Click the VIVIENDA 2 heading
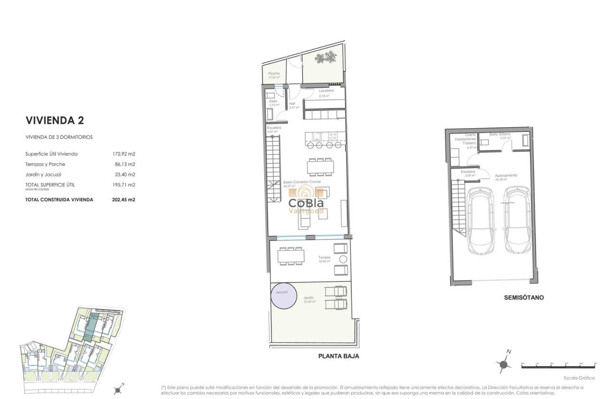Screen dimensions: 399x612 pos(55,120)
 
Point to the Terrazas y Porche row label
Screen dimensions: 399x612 pos(45,164)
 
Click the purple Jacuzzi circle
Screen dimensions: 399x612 pos(282,294)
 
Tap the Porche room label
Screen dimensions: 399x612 pos(274,74)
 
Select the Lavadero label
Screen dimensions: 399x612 pos(326,90)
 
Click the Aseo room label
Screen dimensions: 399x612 pos(273,101)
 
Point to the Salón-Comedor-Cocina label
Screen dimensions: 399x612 pos(302,182)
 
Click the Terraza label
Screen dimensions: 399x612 pos(325,257)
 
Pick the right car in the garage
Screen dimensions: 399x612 pos(517,219)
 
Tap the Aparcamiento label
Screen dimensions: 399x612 pos(506,175)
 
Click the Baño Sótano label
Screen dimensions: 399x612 pos(500,134)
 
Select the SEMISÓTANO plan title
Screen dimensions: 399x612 pos(524,298)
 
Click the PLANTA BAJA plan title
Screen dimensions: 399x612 pos(338,356)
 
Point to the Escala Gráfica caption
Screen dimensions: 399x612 pos(579,378)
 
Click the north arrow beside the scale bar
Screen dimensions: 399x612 pos(504,363)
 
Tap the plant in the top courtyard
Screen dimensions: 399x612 pos(326,58)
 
